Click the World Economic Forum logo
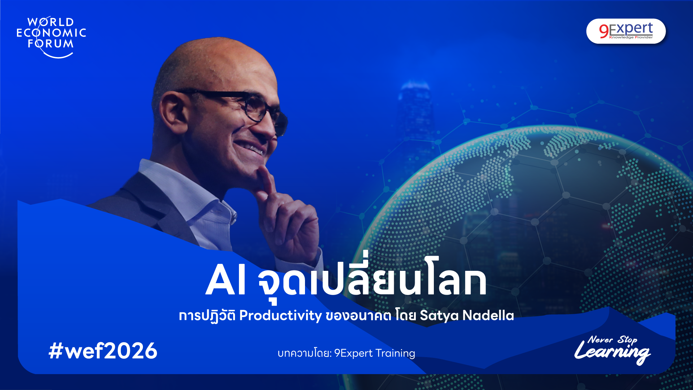click(x=51, y=36)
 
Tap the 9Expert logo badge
click(x=626, y=31)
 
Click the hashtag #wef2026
click(x=103, y=351)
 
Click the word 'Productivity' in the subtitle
click(x=280, y=316)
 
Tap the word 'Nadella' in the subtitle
click(x=488, y=316)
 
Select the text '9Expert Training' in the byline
click(x=375, y=353)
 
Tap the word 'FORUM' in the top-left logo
click(x=51, y=44)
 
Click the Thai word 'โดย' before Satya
click(x=406, y=316)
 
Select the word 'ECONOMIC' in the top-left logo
click(x=51, y=33)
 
